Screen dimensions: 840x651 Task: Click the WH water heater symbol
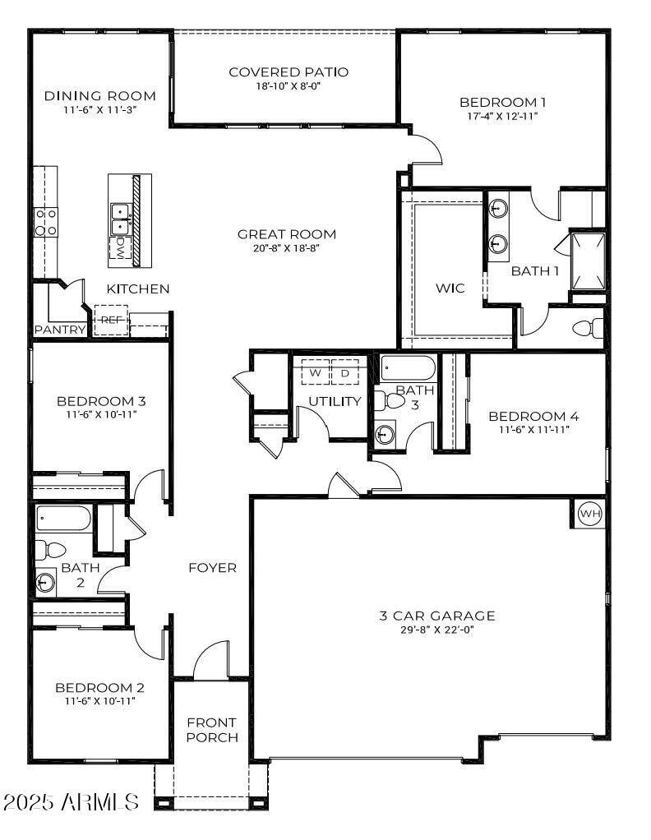click(x=590, y=515)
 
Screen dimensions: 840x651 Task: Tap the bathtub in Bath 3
click(x=409, y=368)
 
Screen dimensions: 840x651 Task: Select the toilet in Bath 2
click(x=46, y=549)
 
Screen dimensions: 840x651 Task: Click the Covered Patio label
click(x=289, y=72)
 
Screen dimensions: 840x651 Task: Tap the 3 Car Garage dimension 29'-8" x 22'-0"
click(x=436, y=630)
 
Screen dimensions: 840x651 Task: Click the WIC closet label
click(x=450, y=288)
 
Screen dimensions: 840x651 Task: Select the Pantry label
click(x=60, y=330)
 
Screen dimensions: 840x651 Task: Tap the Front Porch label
click(x=212, y=730)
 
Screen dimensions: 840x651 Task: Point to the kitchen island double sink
click(x=121, y=216)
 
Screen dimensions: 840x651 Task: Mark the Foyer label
click(x=212, y=568)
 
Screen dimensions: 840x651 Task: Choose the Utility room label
click(x=335, y=401)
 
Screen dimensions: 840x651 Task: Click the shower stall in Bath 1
click(x=589, y=261)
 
